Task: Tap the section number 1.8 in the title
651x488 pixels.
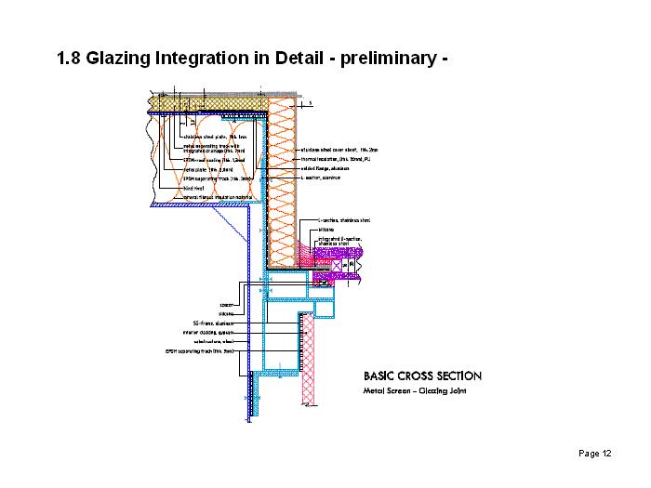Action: (x=69, y=59)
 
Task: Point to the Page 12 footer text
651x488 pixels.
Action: (x=594, y=454)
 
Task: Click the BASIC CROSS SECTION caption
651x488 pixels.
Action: (x=422, y=376)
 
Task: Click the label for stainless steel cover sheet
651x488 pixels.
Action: (x=339, y=150)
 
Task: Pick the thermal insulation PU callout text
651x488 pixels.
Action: (x=335, y=159)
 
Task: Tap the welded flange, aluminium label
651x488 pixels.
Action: (x=326, y=168)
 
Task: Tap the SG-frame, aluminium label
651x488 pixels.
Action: (x=215, y=323)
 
